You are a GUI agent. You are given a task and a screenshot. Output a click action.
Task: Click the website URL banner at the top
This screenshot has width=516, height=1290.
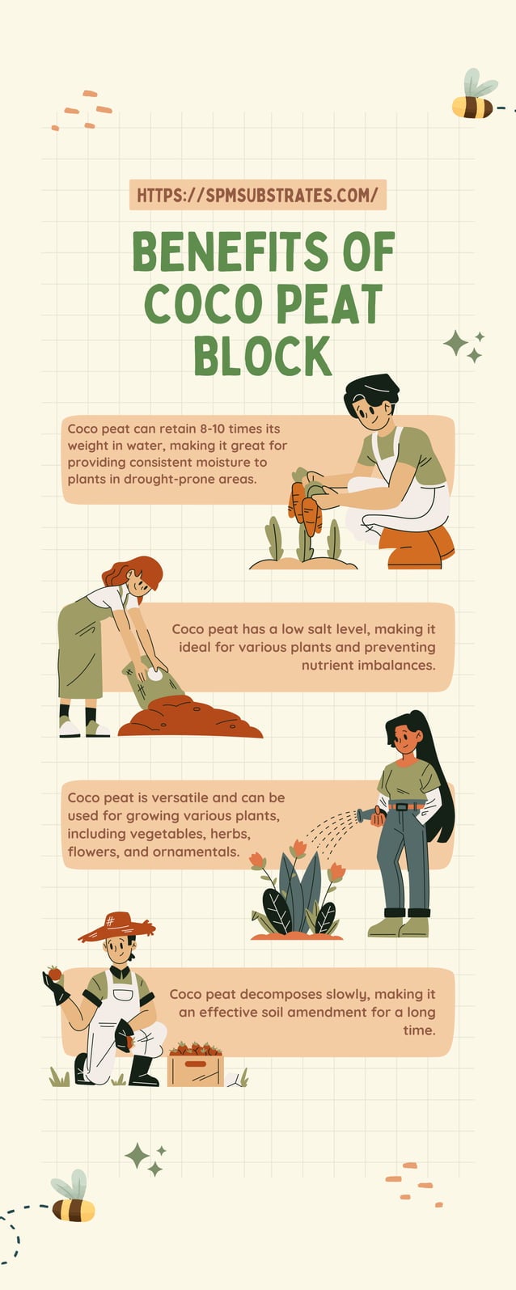click(257, 195)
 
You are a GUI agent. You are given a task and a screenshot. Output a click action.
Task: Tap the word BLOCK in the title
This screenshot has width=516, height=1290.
click(263, 356)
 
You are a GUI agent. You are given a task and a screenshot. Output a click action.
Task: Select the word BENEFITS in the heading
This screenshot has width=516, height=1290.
click(230, 252)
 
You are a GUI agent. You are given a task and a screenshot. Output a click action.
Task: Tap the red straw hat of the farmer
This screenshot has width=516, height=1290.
click(116, 927)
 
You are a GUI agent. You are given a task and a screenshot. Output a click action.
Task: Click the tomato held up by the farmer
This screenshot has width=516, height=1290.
click(54, 973)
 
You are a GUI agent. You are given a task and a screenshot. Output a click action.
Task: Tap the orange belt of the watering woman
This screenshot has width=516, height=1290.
click(404, 806)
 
